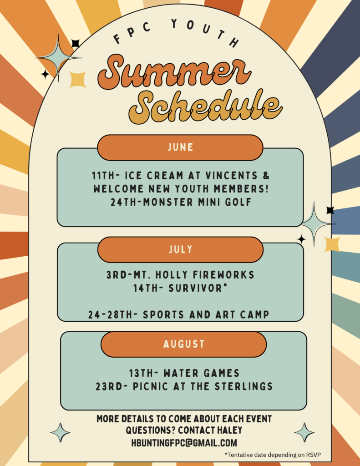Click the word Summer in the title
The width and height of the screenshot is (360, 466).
174,72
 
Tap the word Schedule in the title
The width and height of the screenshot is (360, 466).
205,106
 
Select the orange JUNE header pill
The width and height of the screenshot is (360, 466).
180,147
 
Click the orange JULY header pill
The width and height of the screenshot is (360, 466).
180,249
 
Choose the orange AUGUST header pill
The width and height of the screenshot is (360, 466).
184,344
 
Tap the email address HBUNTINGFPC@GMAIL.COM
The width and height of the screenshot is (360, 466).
184,443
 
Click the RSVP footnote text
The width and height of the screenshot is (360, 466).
273,455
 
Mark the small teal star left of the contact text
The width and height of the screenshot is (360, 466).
61,432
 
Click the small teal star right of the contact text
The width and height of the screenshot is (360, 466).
304,432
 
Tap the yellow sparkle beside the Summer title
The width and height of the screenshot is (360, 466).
77,80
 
